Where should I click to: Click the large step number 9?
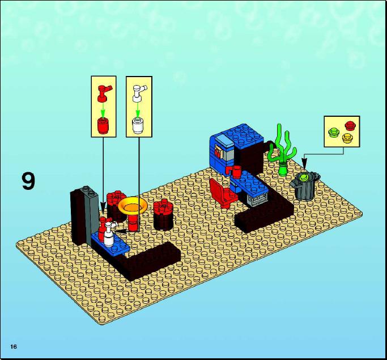(28, 181)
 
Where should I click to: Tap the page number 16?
(14, 346)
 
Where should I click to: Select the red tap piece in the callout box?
(105, 93)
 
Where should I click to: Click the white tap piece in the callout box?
(139, 94)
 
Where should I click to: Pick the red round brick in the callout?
(104, 125)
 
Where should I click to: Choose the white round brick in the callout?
(138, 125)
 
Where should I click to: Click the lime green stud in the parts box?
(333, 132)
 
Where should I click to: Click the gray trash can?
(305, 187)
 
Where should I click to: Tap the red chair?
(223, 193)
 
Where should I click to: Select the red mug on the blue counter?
(235, 171)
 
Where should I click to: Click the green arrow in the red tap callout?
(103, 111)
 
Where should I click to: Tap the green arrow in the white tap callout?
(138, 111)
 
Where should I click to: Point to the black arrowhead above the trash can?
(304, 164)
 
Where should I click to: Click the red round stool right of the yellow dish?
(163, 215)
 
